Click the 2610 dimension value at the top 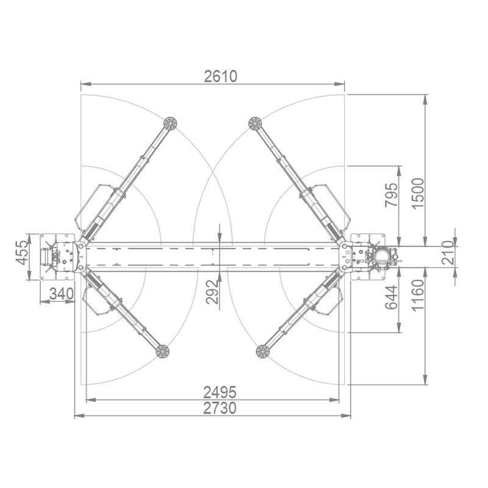(x=220, y=77)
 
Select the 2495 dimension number (x=220, y=392)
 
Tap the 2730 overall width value (x=220, y=408)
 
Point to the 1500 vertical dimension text (x=418, y=193)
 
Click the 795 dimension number (x=392, y=195)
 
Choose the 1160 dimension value (x=418, y=295)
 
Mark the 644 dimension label (x=392, y=297)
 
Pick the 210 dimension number (x=448, y=253)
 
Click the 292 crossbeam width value (x=212, y=292)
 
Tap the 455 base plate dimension (x=23, y=253)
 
